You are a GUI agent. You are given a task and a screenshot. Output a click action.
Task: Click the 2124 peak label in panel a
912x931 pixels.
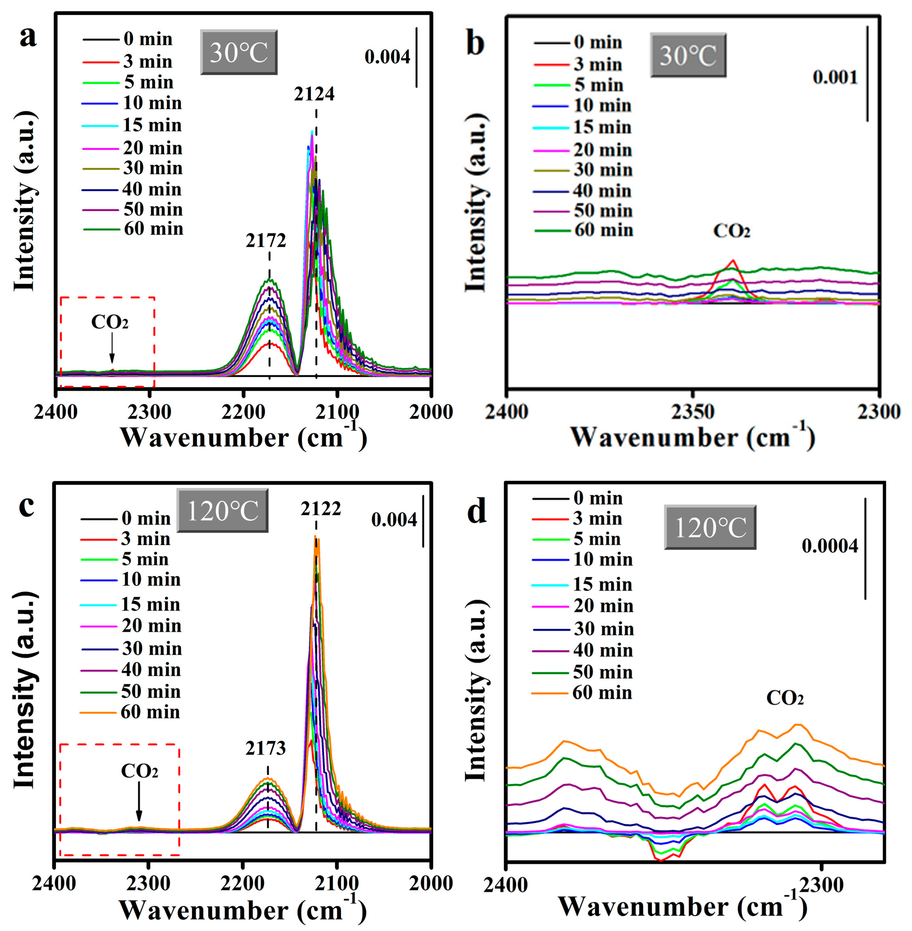[x=314, y=94]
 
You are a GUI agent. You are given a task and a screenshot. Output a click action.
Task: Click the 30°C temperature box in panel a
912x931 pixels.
[x=239, y=52]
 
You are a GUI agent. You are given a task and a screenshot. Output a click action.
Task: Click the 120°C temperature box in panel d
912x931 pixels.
[x=710, y=528]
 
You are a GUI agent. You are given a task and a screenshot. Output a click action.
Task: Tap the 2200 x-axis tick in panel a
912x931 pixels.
[x=244, y=411]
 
